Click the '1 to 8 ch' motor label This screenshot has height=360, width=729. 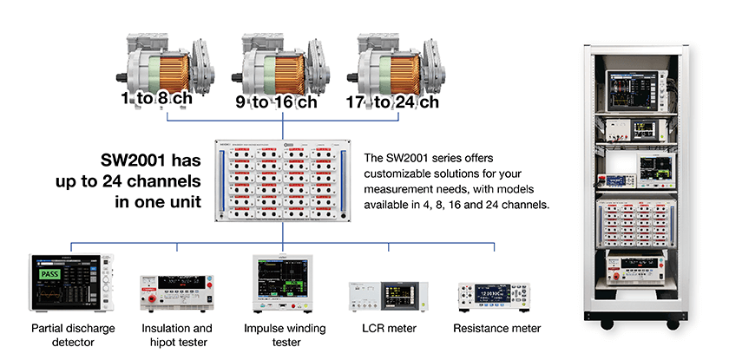tap(157, 99)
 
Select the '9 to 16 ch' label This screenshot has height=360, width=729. tap(276, 101)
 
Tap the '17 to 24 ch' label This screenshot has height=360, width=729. tap(392, 101)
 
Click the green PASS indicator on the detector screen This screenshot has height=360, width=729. tap(49, 273)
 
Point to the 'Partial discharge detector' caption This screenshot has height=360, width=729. tap(73, 336)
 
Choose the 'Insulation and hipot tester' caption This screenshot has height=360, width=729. tap(177, 336)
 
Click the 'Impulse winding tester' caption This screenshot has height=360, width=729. tap(285, 336)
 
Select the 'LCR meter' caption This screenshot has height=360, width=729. tap(389, 329)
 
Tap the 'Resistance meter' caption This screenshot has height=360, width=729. tap(497, 329)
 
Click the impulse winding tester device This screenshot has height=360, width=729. tap(283, 283)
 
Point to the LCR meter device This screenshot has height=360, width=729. tap(388, 296)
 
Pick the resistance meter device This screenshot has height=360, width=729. tap(494, 297)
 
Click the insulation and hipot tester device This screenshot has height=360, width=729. tap(177, 292)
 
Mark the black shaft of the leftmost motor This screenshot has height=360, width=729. tap(121, 77)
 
